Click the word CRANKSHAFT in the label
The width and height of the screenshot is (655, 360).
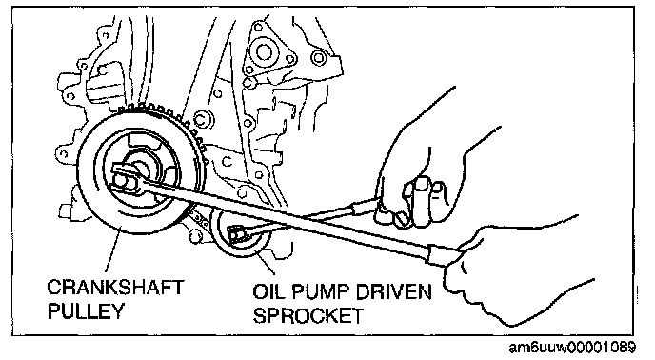(115, 288)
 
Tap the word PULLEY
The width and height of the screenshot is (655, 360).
(86, 311)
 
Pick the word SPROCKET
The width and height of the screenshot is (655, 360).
(308, 315)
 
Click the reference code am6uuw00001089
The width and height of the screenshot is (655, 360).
(572, 348)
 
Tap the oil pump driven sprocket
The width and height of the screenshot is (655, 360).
(240, 235)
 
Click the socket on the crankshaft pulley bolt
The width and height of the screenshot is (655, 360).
(125, 178)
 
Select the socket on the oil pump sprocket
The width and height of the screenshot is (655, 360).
(236, 235)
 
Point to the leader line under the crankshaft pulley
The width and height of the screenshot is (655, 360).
(112, 250)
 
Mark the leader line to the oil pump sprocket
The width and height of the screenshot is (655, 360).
(263, 261)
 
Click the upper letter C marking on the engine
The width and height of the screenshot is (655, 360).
(201, 120)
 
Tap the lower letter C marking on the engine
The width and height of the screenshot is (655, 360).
(227, 161)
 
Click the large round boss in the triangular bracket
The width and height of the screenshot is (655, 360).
(264, 52)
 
